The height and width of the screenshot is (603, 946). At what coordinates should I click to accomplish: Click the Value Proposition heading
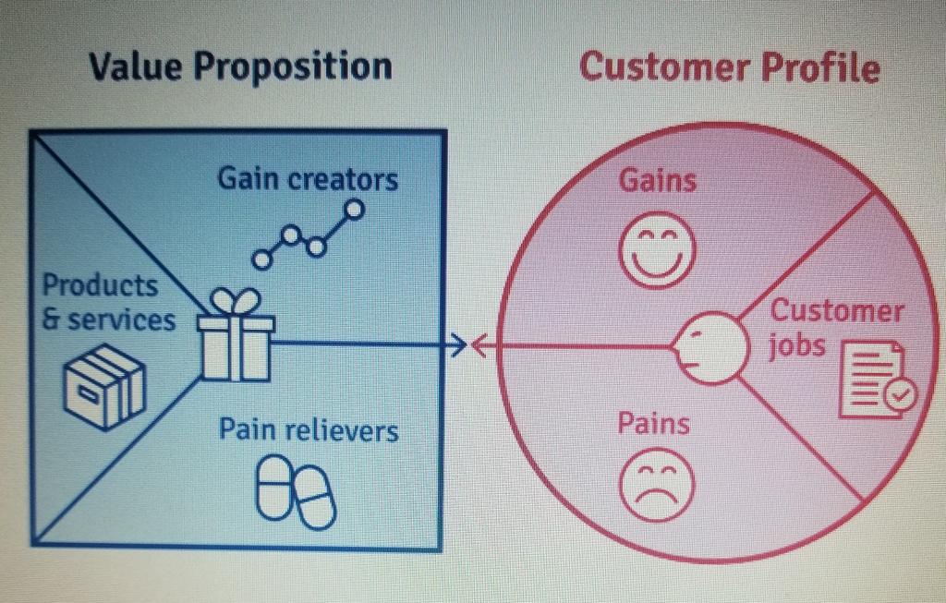(x=239, y=66)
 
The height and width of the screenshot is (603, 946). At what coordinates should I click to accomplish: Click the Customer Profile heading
(x=729, y=67)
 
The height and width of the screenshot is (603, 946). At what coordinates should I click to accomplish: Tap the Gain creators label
(x=308, y=178)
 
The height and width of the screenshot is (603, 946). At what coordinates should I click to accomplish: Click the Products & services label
(x=107, y=302)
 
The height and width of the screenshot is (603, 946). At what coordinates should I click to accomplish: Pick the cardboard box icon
(x=103, y=386)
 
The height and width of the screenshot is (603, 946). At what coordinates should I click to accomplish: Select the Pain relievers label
(x=309, y=430)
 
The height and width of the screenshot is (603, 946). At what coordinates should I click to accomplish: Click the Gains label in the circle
(x=657, y=180)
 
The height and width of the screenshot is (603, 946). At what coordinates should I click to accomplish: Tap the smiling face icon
(x=656, y=249)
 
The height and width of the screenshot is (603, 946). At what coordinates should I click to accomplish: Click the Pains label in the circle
(x=653, y=424)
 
